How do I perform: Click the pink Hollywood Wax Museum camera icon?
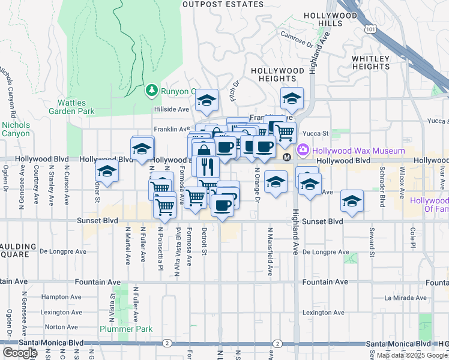click(x=304, y=150)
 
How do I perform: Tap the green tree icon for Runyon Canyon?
click(x=151, y=91)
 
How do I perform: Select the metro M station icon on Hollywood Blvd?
click(x=287, y=157)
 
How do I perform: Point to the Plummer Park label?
click(x=126, y=329)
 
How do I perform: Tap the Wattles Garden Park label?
click(x=76, y=107)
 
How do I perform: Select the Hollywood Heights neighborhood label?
click(x=277, y=74)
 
